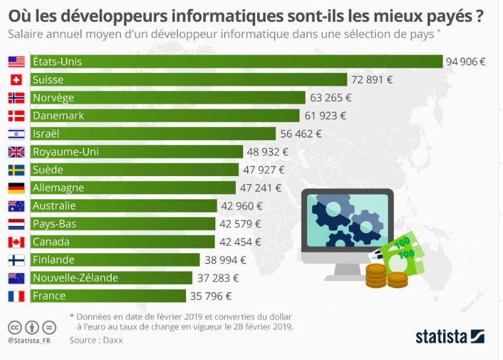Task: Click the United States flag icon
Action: coord(16,62)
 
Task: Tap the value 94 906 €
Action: coord(466,62)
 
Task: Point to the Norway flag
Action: coord(16,98)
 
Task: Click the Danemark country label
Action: coord(58,116)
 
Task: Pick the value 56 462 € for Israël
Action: coord(301,134)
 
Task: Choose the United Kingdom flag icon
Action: coord(16,151)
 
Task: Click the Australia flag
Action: coord(16,206)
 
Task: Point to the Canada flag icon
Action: coord(16,242)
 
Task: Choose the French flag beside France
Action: coord(16,296)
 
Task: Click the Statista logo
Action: coord(450,337)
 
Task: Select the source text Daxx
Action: coord(112,340)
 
